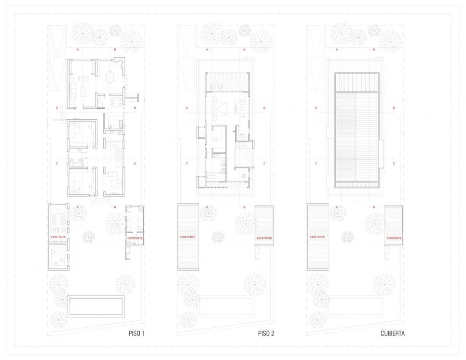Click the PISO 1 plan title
(x=137, y=333)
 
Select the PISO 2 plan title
(x=266, y=333)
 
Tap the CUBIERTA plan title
(x=392, y=333)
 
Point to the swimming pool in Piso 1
(x=96, y=306)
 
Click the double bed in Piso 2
(x=220, y=108)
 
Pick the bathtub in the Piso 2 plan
(x=211, y=177)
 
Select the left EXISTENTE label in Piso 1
(x=58, y=237)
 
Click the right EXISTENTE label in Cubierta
(x=394, y=238)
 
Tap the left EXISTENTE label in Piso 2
(x=188, y=237)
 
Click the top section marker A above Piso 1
(x=78, y=50)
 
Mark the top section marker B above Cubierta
(x=374, y=50)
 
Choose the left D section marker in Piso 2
(x=187, y=107)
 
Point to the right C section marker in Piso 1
(x=135, y=163)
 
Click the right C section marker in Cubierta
(x=394, y=163)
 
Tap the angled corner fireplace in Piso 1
(x=120, y=62)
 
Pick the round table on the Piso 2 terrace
(x=216, y=86)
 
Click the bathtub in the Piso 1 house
(x=78, y=163)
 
